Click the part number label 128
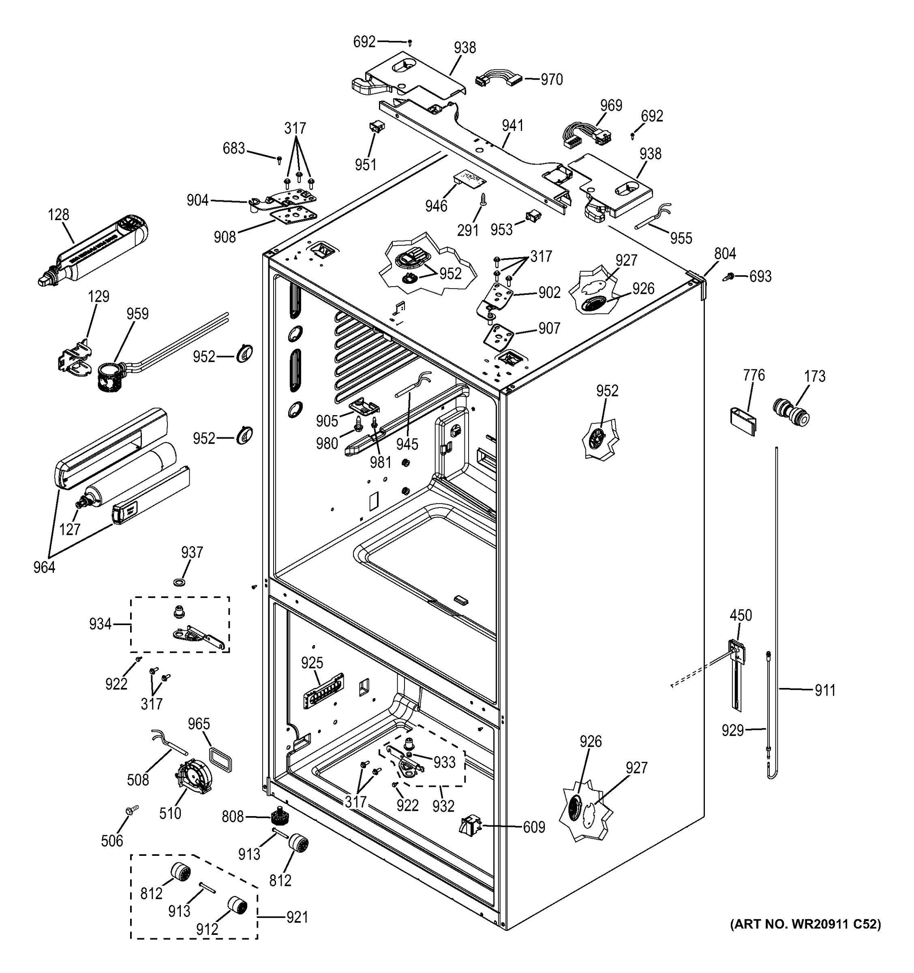pos(58,214)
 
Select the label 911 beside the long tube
pos(824,690)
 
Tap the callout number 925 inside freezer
pos(312,663)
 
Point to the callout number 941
pos(512,126)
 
